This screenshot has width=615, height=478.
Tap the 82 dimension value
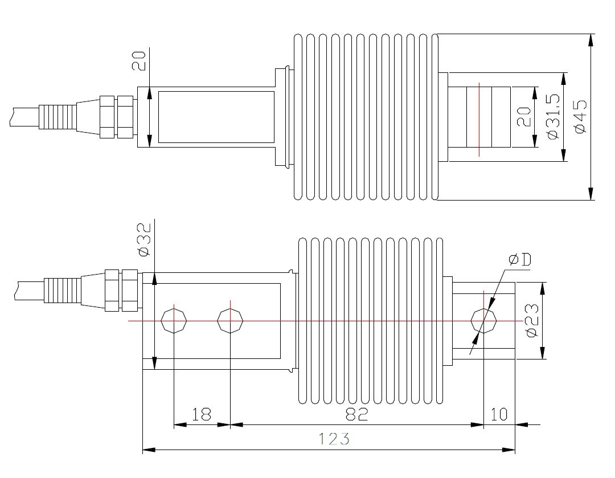tap(356, 414)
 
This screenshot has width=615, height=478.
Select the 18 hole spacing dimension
tap(201, 414)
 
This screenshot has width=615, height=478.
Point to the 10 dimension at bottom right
tap(499, 414)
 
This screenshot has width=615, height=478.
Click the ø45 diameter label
tap(580, 117)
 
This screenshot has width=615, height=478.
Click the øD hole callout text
tap(519, 260)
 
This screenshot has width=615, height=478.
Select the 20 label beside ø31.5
tap(524, 117)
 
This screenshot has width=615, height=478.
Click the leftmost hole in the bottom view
tap(173, 321)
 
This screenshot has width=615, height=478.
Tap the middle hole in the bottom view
tap(229, 321)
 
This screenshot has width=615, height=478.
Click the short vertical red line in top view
tap(479, 119)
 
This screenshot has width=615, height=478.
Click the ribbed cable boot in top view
tap(57, 117)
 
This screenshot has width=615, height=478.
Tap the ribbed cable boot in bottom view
tap(63, 291)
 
